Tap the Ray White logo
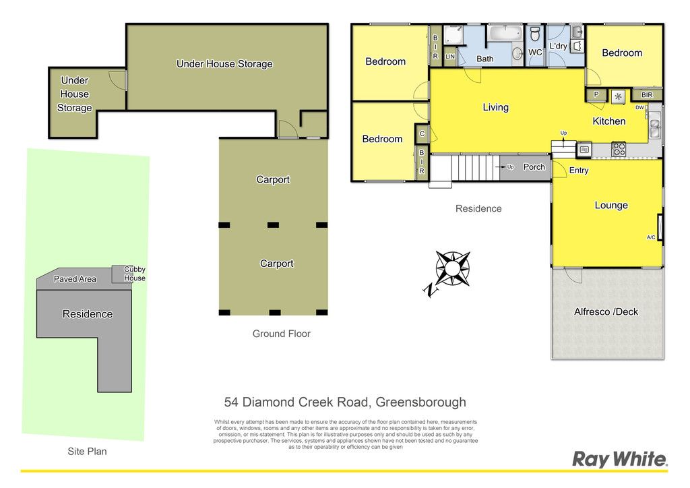(620, 459)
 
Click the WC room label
(535, 53)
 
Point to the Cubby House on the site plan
(123, 274)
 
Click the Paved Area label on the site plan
(75, 278)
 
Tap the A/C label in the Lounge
(651, 237)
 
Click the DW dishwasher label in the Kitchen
(639, 107)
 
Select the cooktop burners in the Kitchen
(619, 149)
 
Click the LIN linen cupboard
(449, 57)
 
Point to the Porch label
(534, 166)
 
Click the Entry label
(579, 171)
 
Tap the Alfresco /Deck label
(606, 311)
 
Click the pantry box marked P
(596, 94)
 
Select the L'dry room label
(558, 46)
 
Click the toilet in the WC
(535, 34)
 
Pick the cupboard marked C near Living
(422, 133)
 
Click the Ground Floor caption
(282, 334)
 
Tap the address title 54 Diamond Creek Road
(345, 402)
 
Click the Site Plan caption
(87, 451)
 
